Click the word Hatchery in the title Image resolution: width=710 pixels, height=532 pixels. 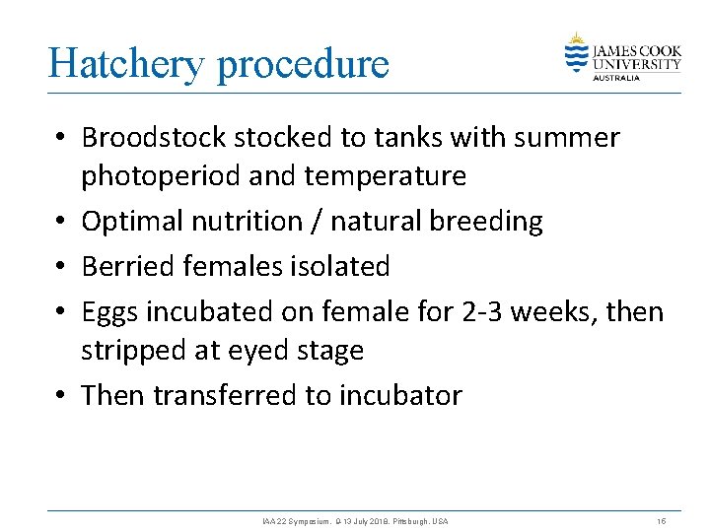[x=126, y=64]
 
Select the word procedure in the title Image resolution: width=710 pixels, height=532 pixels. [x=303, y=64]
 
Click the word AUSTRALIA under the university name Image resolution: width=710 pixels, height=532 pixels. [x=616, y=77]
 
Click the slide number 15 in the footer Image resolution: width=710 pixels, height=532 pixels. [x=661, y=520]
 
